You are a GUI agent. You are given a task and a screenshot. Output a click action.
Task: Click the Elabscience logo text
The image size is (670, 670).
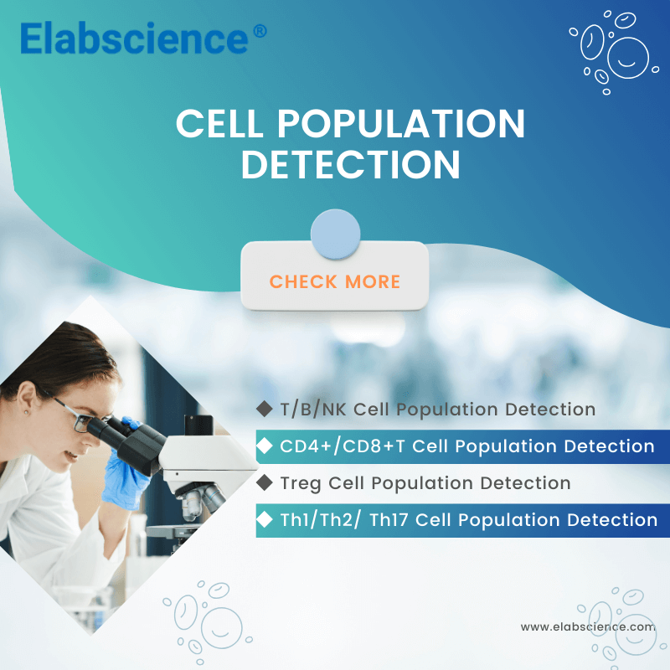coord(134,39)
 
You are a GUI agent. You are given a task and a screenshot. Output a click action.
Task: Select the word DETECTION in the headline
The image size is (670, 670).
coord(351,165)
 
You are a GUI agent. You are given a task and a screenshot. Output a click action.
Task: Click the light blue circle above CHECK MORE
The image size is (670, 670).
coord(335,234)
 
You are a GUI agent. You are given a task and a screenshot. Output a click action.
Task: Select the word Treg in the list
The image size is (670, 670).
coord(300,483)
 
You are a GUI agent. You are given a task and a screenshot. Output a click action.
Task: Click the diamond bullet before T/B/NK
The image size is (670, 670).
coord(265,409)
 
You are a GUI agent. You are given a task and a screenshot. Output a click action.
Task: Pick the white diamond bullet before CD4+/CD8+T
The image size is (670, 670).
coord(265,446)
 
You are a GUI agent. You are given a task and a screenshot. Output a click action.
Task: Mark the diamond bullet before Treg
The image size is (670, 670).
coord(265,482)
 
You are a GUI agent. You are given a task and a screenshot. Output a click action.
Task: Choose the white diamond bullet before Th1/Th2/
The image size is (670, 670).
coord(265,519)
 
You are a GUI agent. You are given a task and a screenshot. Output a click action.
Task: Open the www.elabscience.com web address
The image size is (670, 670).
coord(587,626)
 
